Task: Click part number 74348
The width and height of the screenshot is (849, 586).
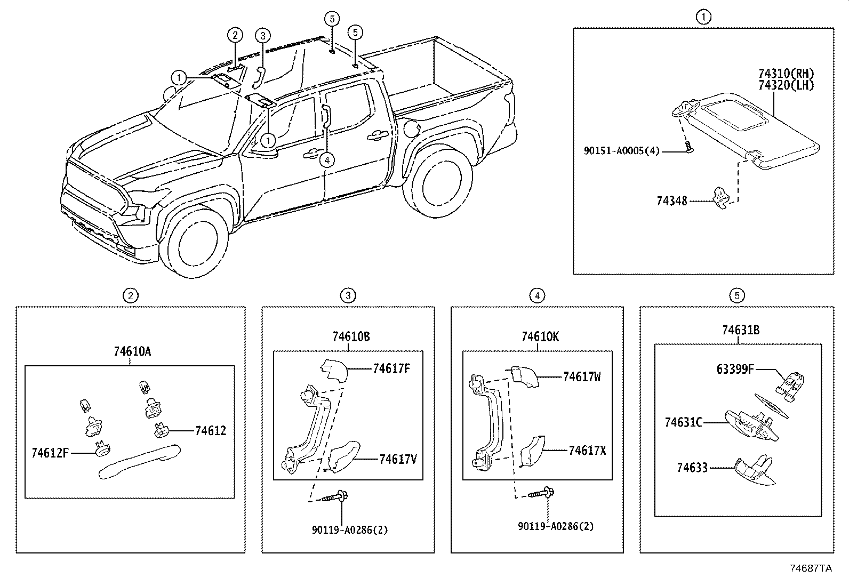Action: (672, 201)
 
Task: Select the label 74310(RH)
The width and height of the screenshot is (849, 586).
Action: (787, 74)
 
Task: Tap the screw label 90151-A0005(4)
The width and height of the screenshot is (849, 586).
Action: (621, 151)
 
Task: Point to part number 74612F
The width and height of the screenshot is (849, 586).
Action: (50, 453)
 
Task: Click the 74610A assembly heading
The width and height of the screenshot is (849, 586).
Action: (132, 351)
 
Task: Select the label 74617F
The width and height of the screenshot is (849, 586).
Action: (391, 368)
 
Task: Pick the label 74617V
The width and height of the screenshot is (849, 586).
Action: (398, 459)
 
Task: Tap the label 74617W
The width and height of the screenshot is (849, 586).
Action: (582, 377)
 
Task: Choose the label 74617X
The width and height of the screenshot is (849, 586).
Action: (587, 450)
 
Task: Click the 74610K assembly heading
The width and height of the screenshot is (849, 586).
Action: (540, 336)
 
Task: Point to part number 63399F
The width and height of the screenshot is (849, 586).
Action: (735, 368)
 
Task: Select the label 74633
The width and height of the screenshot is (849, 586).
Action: (692, 468)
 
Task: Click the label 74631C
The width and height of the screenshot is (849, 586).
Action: (683, 422)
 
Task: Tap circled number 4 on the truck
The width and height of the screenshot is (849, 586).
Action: (327, 159)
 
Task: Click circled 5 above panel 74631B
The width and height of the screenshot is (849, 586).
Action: (736, 295)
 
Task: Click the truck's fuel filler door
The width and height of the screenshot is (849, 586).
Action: (413, 129)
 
